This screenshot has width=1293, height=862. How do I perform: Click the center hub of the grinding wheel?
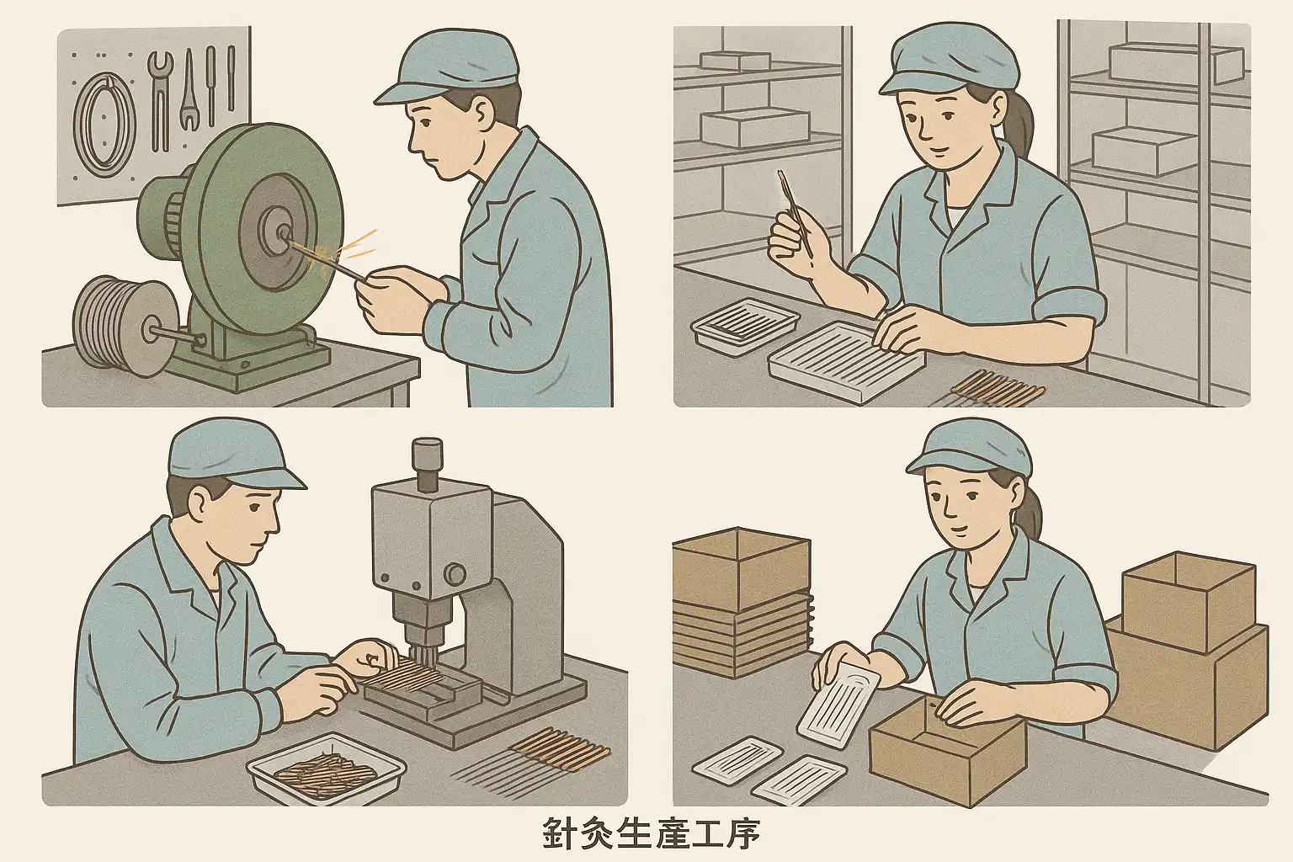click(x=283, y=232)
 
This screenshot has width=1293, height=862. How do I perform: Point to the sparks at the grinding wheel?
click(x=341, y=247)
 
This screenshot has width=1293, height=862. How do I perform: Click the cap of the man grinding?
click(x=444, y=67)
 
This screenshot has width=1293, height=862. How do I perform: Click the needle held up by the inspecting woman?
click(x=794, y=214)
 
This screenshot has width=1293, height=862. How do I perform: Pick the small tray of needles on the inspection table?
click(x=745, y=327)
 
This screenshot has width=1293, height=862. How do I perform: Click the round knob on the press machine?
click(x=455, y=574)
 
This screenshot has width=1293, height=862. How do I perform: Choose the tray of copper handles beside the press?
click(x=327, y=766)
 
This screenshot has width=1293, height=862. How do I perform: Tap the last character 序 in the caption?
click(x=741, y=833)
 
